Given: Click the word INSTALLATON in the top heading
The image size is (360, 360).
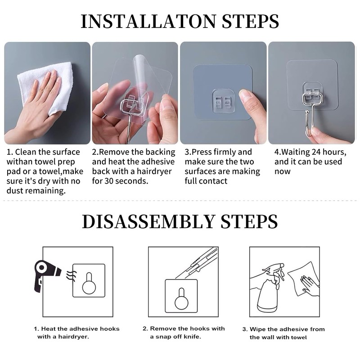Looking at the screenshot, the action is pyautogui.click(x=148, y=21).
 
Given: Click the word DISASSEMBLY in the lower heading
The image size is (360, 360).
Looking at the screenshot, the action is pyautogui.click(x=148, y=221).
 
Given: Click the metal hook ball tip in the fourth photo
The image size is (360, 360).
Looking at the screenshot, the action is pyautogui.click(x=307, y=112).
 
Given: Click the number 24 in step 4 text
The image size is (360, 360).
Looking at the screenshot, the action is pyautogui.click(x=317, y=152).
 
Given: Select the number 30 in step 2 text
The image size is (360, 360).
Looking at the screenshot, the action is pyautogui.click(x=109, y=181).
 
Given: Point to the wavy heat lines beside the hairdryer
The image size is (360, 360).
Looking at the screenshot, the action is pyautogui.click(x=71, y=276).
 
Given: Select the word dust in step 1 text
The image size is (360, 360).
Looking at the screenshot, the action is pyautogui.click(x=15, y=191).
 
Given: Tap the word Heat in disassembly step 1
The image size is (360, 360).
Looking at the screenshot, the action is pyautogui.click(x=49, y=329).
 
